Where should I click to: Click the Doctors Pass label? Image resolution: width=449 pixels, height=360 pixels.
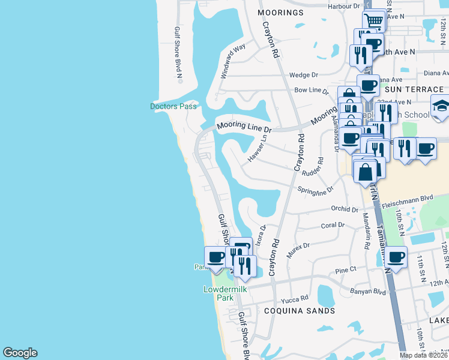tap(173, 106)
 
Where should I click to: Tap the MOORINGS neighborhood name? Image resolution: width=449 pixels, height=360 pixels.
tap(280, 13)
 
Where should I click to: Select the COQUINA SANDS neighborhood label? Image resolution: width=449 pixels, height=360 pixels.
tap(300, 311)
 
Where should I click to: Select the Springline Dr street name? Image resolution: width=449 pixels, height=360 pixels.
tap(315, 190)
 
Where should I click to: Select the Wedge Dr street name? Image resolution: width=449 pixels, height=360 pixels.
tap(303, 75)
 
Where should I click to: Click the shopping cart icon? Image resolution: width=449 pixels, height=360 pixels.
tap(374, 21)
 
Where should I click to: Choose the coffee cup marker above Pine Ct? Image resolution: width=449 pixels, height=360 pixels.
tap(396, 257)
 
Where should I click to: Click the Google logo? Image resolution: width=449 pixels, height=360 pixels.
tap(20, 353)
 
